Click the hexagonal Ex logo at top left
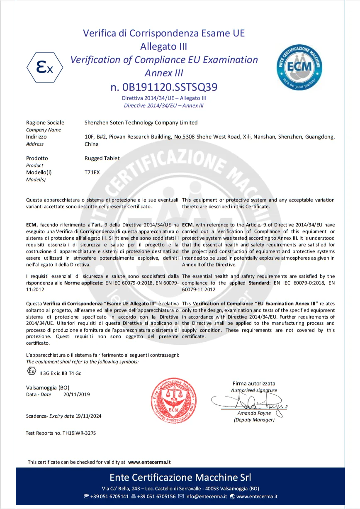pyautogui.click(x=45, y=68)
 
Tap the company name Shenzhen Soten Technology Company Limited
pyautogui.click(x=141, y=122)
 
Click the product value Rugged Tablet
pyautogui.click(x=102, y=158)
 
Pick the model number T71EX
pyautogui.click(x=92, y=172)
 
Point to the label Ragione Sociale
pyautogui.click(x=45, y=122)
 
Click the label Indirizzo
pyautogui.click(x=36, y=136)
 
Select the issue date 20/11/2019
pyautogui.click(x=77, y=395)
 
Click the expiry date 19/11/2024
pyautogui.click(x=88, y=416)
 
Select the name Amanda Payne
pyautogui.click(x=254, y=413)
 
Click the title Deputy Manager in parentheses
pyautogui.click(x=254, y=420)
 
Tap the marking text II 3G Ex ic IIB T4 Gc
pyautogui.click(x=60, y=373)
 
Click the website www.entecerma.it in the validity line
pyautogui.click(x=149, y=462)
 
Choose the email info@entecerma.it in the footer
pyautogui.click(x=206, y=496)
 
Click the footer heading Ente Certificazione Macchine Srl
pyautogui.click(x=180, y=477)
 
